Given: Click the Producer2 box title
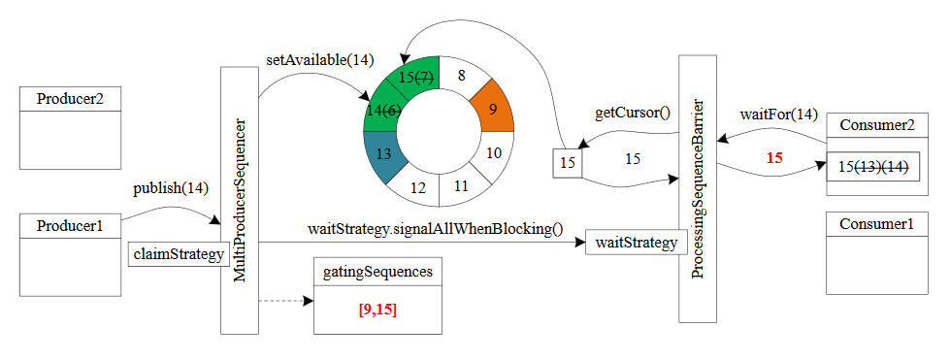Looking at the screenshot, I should [x=69, y=99].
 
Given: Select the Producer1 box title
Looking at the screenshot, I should [x=69, y=226].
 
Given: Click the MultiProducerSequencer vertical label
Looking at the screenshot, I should [x=241, y=201].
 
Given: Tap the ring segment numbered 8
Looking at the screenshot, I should [x=461, y=74].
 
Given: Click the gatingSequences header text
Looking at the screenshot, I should [x=378, y=273].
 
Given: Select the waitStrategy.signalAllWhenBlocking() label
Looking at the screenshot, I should [x=435, y=229].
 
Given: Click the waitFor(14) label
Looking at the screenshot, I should [x=778, y=115].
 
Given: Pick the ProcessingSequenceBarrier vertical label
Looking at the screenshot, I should [x=698, y=188].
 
